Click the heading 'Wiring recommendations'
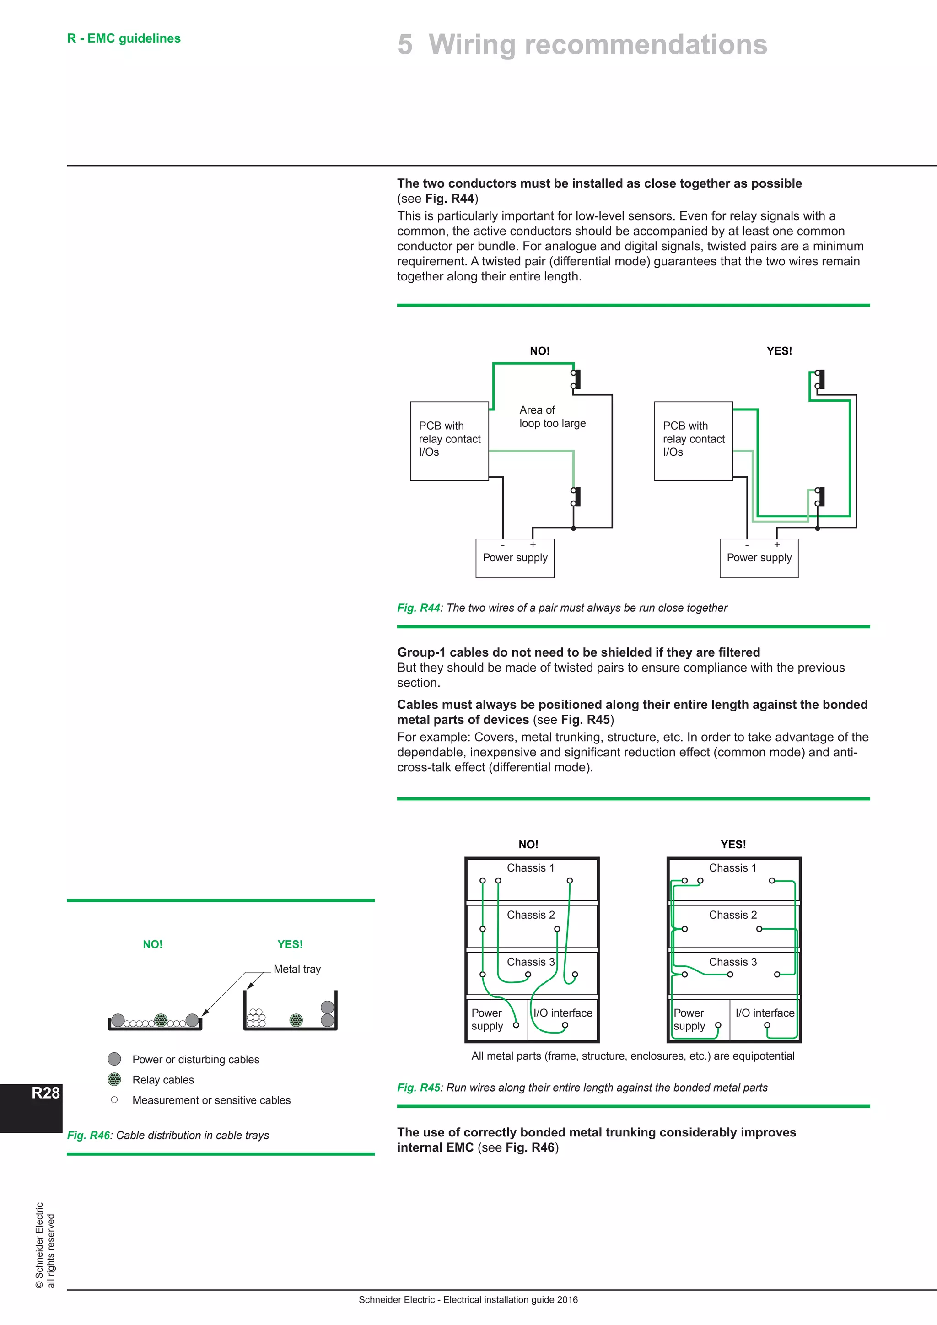pyautogui.click(x=597, y=44)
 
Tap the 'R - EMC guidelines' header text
pyautogui.click(x=124, y=38)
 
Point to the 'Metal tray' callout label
pyautogui.click(x=296, y=969)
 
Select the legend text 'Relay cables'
pyautogui.click(x=163, y=1080)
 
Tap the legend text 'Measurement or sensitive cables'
pyautogui.click(x=211, y=1100)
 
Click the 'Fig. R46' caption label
pyautogui.click(x=88, y=1135)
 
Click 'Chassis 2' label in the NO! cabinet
pyautogui.click(x=530, y=915)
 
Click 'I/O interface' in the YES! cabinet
pyautogui.click(x=764, y=1013)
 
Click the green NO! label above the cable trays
pyautogui.click(x=152, y=944)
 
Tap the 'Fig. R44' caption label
pyautogui.click(x=418, y=608)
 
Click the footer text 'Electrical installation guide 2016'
pyautogui.click(x=510, y=1300)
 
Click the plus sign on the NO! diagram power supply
pyautogui.click(x=533, y=544)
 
